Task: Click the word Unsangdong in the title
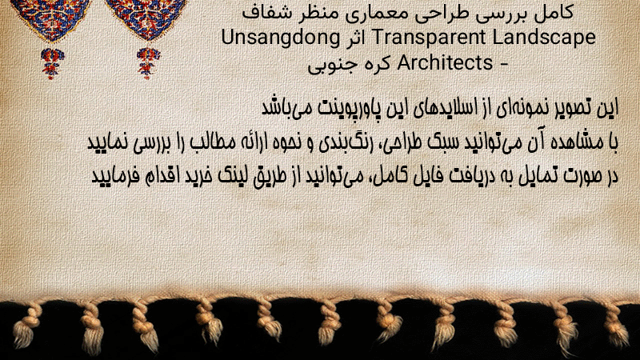tap(281, 38)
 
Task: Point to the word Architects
tap(445, 62)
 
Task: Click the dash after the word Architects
tap(504, 64)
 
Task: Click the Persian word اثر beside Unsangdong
tap(355, 38)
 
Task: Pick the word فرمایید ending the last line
tap(109, 176)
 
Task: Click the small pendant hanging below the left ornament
tap(52, 63)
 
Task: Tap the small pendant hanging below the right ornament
tap(148, 63)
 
